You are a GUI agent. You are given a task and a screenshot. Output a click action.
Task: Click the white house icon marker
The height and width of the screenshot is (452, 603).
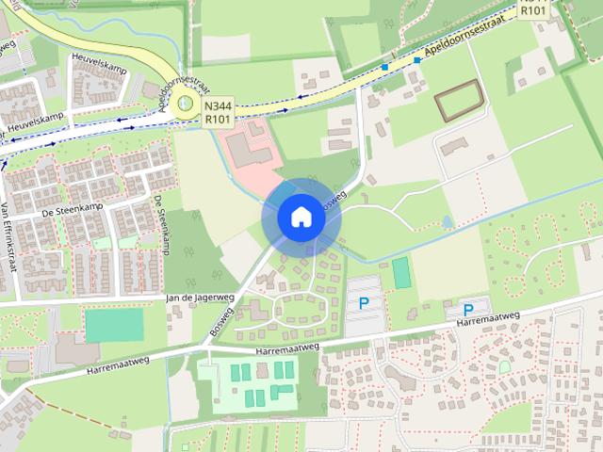coord(301,218)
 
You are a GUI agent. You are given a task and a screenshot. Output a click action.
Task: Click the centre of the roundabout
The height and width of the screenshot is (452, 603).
coord(186,104)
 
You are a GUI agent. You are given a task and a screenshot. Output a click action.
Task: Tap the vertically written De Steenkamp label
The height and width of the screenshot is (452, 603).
coord(162,225)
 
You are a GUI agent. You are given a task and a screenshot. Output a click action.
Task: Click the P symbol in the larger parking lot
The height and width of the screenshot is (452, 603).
coord(363,303)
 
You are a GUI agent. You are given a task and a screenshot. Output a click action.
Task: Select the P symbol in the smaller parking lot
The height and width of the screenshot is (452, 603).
coord(467,309)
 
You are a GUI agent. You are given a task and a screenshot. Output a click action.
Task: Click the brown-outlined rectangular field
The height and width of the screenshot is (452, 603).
coord(460,100)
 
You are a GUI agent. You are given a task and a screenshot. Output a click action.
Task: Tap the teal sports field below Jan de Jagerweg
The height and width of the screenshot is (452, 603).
coord(114,325)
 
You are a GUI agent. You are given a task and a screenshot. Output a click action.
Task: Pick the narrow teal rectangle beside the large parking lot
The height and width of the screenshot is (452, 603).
coord(401,273)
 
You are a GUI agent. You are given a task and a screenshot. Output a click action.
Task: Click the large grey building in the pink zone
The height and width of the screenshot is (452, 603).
coord(247,151)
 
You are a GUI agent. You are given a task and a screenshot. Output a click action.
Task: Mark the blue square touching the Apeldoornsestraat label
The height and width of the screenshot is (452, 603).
coord(416,60)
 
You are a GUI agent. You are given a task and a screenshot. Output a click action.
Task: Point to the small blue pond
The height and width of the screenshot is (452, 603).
coord(448,222)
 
